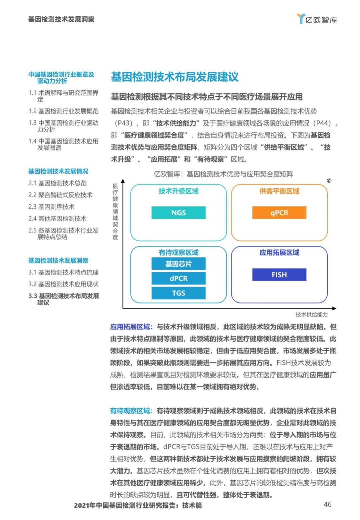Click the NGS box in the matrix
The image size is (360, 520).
[178, 212]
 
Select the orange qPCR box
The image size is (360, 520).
[279, 212]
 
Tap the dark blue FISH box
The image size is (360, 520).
[279, 275]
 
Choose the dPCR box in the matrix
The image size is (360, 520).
[178, 278]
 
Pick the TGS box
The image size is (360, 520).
[178, 293]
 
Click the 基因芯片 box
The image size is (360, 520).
[178, 264]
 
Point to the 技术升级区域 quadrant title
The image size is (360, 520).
[178, 191]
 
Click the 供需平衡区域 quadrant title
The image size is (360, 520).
[279, 191]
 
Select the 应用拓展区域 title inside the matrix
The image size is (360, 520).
[279, 252]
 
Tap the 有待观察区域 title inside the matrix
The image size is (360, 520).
[178, 252]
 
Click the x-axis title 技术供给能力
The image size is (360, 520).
[311, 314]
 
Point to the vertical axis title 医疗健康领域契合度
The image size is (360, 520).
[115, 211]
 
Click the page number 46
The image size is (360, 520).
[327, 504]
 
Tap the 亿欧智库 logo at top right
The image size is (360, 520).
[317, 19]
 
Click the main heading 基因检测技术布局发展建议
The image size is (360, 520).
[175, 77]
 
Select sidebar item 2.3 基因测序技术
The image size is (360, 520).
[51, 206]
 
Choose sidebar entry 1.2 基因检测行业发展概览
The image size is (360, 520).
[63, 111]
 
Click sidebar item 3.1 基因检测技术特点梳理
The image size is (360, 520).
[63, 272]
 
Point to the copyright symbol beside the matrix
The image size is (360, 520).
[329, 181]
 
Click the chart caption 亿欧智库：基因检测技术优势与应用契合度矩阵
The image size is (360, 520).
[223, 174]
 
